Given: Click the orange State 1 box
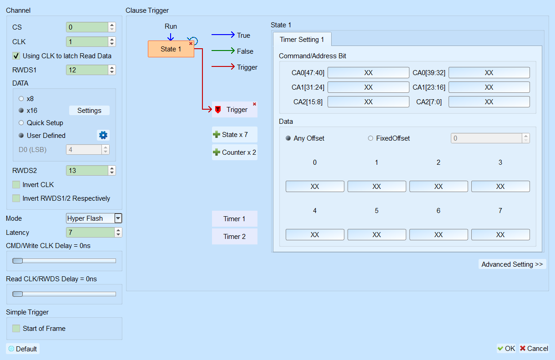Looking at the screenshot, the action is [171, 49].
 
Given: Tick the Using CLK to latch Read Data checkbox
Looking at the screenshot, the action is [16, 56].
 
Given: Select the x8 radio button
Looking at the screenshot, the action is [21, 99].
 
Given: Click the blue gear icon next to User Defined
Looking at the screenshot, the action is [103, 135].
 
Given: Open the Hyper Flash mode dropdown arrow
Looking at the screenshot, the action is [118, 218].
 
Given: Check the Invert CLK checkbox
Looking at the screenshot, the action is [16, 185].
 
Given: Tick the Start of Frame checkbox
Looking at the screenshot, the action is [16, 329].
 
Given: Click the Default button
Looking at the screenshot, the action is [23, 349].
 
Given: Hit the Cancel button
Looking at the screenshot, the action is [534, 349].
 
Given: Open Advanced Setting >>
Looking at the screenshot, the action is [512, 264].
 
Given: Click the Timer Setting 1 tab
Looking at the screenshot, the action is [302, 40].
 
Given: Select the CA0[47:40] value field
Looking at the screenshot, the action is [368, 73].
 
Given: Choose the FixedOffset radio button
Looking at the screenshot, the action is [370, 138].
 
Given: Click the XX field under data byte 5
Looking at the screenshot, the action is [377, 234].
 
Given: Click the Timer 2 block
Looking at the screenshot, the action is [234, 237].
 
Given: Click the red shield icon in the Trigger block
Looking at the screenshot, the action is [218, 110].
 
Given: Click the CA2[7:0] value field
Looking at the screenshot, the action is [489, 102].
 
